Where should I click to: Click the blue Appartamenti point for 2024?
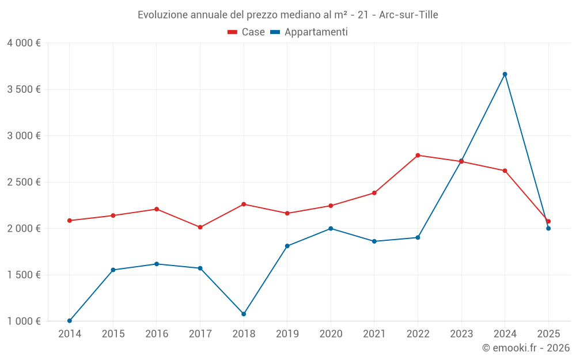coord(505,74)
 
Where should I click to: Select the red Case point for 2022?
coord(418,155)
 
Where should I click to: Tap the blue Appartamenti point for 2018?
coord(244,314)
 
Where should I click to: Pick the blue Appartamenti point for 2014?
coord(70,321)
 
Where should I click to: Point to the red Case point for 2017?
coord(200,227)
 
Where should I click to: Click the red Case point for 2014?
coord(70,221)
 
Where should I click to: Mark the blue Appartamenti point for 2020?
coord(331,229)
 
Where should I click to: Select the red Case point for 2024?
coord(505,170)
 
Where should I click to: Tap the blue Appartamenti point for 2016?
coord(157,264)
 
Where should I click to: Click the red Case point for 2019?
coord(287,213)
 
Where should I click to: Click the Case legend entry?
coord(247,32)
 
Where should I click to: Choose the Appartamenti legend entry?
coord(309,32)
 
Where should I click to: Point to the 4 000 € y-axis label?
coord(24,43)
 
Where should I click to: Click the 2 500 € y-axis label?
coord(24,182)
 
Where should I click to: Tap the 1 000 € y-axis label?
coord(24,321)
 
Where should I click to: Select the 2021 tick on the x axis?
coord(374,334)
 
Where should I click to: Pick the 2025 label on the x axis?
coord(548,334)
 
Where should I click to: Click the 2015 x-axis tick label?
coord(113,334)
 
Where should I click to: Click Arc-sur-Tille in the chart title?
coord(408,15)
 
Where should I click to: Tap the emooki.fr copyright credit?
coord(525,348)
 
